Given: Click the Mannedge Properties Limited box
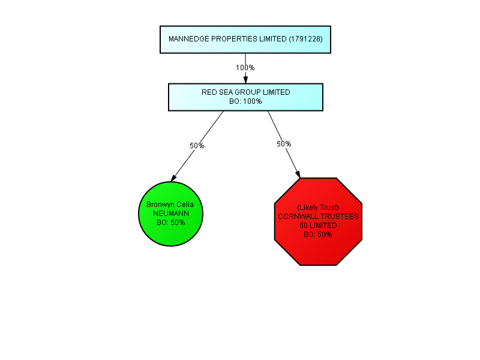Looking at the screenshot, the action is [245, 40].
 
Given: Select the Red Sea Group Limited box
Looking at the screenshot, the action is [245, 97].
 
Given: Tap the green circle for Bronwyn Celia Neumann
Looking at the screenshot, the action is [171, 214].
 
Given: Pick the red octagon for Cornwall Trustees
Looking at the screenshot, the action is [318, 221].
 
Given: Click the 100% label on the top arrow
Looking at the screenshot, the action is [245, 68].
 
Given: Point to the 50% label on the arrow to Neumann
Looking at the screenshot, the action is [197, 146].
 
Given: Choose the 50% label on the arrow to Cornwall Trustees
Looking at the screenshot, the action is [284, 144].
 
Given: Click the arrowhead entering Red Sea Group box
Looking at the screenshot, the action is [245, 80].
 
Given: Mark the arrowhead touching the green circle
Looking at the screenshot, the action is [173, 178].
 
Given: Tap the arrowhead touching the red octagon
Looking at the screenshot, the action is [298, 174].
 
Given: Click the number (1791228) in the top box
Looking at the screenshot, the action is [306, 39].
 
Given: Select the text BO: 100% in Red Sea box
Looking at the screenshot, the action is [245, 101].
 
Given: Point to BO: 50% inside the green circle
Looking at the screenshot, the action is [171, 223].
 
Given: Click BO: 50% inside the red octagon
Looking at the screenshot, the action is [318, 235].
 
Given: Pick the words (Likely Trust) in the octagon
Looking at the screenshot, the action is [318, 208].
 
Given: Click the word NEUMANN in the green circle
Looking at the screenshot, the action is [171, 214].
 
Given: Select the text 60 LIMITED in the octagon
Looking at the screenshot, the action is [318, 226].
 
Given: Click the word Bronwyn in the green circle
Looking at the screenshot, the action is [156, 205].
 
